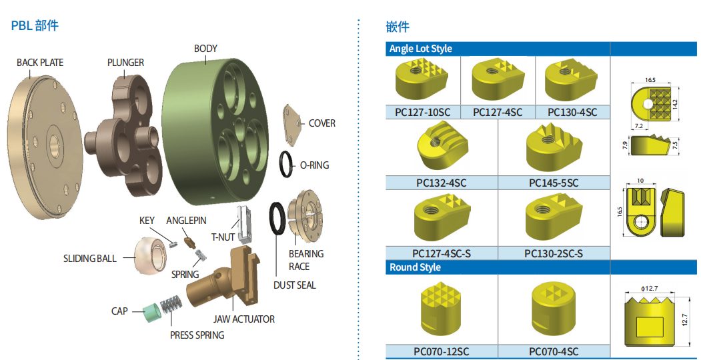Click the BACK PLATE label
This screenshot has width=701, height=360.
tap(40, 63)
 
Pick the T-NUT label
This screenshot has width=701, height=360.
tap(223, 237)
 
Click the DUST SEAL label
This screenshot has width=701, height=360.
tap(294, 285)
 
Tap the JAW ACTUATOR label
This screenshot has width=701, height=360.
tap(243, 319)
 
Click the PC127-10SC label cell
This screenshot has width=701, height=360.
tap(422, 112)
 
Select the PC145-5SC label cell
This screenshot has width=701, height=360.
tap(554, 183)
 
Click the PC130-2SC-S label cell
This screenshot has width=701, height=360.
tap(554, 253)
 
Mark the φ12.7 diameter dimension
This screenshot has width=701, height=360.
tap(649, 288)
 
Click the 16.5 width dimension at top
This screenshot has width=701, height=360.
tap(650, 80)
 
